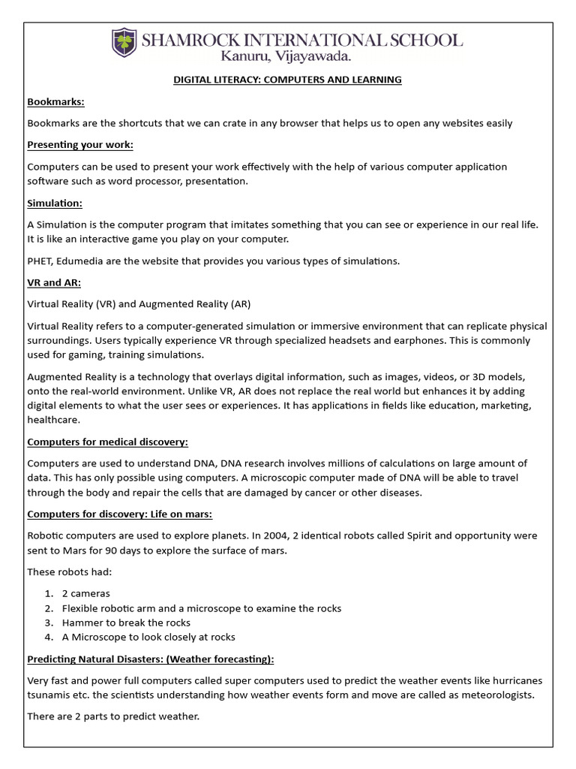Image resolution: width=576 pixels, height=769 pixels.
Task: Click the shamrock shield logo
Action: point(124,43)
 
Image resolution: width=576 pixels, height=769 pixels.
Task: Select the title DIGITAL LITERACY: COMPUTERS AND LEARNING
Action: point(287,80)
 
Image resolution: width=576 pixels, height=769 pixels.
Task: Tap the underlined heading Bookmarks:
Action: point(56,101)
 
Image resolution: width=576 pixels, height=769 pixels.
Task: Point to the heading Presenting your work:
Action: point(80,145)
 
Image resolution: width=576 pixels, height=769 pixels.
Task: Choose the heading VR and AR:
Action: point(55,282)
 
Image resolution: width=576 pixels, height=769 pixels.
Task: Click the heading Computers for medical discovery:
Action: point(107,442)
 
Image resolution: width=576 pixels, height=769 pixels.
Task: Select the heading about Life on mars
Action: point(120,514)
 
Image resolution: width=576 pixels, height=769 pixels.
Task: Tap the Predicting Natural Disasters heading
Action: point(151,659)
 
